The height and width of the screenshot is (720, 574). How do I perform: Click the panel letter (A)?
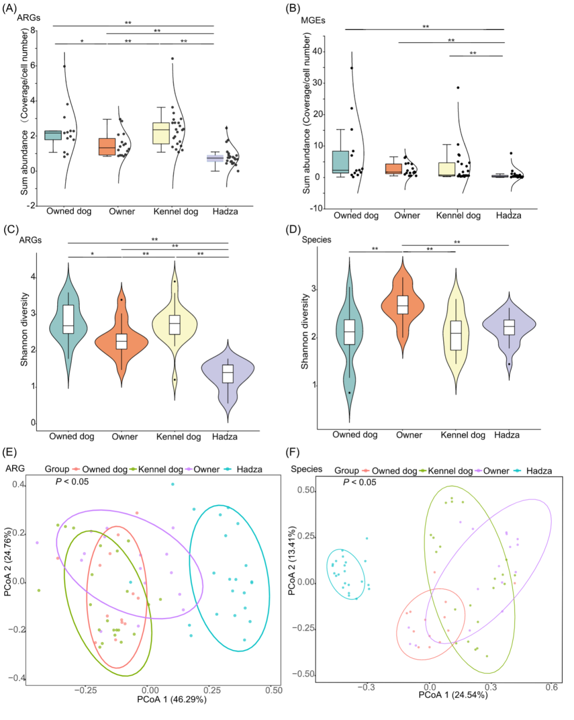pos(10,8)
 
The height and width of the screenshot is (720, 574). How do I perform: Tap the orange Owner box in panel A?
pos(107,146)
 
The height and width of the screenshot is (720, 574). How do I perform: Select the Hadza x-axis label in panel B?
pos(508,215)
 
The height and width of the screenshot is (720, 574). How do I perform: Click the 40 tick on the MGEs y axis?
pos(317,51)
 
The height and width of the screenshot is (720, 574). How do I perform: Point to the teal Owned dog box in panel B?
pos(340,162)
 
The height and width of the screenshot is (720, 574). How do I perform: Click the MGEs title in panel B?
pos(313,20)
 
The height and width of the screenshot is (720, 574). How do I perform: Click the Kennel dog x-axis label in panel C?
pos(178,437)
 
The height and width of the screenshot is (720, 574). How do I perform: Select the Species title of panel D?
pos(316,240)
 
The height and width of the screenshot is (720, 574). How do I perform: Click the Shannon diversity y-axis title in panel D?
pos(305,331)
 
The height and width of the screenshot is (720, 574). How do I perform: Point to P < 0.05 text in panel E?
pos(72,482)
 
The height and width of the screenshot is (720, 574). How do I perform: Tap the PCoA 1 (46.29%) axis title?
pos(172,699)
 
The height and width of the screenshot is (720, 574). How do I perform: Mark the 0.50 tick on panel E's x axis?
pos(274,690)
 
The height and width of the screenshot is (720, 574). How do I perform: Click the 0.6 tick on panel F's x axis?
pos(552,688)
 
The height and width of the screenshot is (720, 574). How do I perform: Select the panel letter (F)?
pos(292,452)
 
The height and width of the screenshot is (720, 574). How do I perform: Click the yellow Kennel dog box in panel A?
pos(161,133)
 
